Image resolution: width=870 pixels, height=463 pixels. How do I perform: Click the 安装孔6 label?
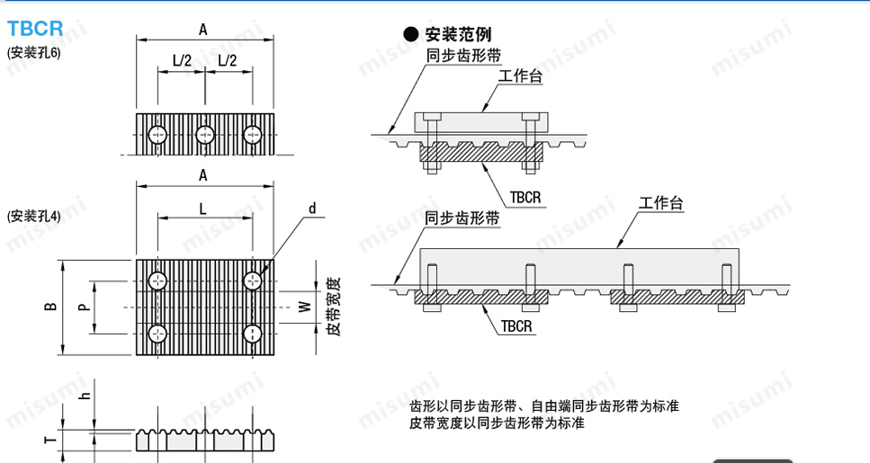pyautogui.click(x=33, y=52)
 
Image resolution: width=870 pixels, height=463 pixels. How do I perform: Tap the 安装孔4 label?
pyautogui.click(x=33, y=216)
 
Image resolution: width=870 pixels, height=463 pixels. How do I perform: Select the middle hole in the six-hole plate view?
pyautogui.click(x=205, y=135)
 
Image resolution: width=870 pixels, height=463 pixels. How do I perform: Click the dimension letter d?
pyautogui.click(x=312, y=209)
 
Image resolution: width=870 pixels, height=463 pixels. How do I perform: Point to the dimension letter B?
pyautogui.click(x=51, y=307)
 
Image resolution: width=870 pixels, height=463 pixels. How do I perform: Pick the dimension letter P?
pyautogui.click(x=83, y=307)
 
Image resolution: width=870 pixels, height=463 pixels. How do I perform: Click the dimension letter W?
pyautogui.click(x=304, y=307)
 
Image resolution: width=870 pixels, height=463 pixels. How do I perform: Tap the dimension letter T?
pyautogui.click(x=50, y=440)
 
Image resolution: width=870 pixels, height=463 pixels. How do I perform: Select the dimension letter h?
pyautogui.click(x=83, y=396)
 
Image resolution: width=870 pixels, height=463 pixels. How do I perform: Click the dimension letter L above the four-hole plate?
pyautogui.click(x=204, y=208)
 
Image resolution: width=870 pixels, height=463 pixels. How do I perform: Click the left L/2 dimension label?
pyautogui.click(x=182, y=60)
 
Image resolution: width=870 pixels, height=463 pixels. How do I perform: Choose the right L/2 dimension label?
pyautogui.click(x=228, y=60)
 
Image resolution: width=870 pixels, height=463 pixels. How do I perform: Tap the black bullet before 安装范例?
pyautogui.click(x=411, y=34)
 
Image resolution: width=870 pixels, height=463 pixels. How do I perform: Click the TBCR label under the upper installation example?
pyautogui.click(x=525, y=196)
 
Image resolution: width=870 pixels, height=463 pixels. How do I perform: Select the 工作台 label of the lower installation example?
pyautogui.click(x=661, y=204)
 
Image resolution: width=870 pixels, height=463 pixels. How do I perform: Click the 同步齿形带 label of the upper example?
pyautogui.click(x=462, y=56)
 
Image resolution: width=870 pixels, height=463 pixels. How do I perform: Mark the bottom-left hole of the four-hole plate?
pyautogui.click(x=158, y=334)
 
